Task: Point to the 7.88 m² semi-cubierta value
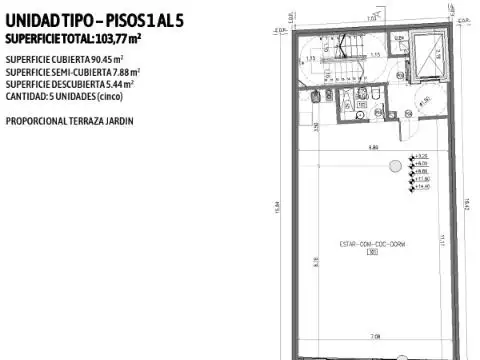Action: [x=126, y=72]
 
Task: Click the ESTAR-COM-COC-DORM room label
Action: [x=372, y=243]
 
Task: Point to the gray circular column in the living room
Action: [x=395, y=164]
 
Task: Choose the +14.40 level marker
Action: [x=421, y=187]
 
